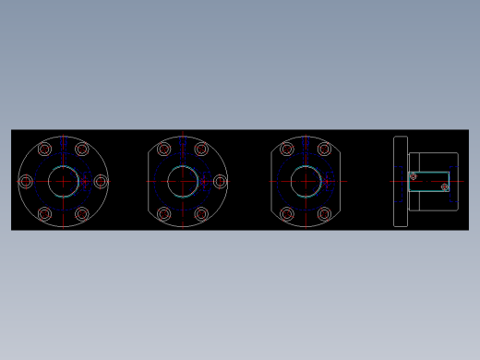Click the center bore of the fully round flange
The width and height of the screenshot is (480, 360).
(64, 181)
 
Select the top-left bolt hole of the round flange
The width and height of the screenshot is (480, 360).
(45, 149)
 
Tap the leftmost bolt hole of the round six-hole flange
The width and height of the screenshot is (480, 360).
(26, 181)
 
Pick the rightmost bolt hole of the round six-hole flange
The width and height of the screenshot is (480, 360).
(101, 181)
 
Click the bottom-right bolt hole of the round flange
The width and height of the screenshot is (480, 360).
(82, 214)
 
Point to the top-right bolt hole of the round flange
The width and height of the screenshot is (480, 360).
(82, 149)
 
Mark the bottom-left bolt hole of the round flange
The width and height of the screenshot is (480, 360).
(45, 214)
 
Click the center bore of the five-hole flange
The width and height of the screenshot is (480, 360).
(183, 181)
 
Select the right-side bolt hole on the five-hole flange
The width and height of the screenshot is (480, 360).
(220, 181)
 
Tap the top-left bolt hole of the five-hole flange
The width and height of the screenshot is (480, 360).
(164, 149)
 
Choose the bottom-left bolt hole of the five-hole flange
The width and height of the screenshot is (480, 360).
(164, 214)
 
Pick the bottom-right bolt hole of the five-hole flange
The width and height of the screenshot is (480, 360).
(201, 214)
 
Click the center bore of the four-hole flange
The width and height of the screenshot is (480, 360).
(306, 181)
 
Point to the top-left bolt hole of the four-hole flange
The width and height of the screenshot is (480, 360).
(287, 149)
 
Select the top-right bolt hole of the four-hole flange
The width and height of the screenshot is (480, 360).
(324, 149)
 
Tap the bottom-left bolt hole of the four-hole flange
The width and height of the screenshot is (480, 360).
(287, 214)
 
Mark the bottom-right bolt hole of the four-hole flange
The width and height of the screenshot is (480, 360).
(324, 214)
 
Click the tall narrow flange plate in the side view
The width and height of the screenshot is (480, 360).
(401, 181)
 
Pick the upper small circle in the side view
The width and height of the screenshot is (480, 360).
(413, 175)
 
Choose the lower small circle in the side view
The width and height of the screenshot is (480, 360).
(444, 186)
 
